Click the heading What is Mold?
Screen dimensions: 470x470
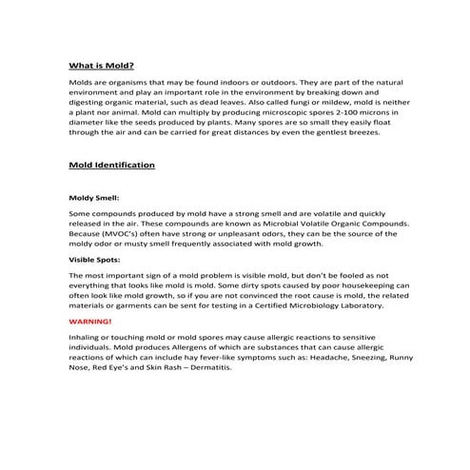point(101,66)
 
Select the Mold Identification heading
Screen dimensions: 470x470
point(112,165)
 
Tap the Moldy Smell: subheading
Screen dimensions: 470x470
point(92,199)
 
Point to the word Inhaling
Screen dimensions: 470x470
point(88,338)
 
